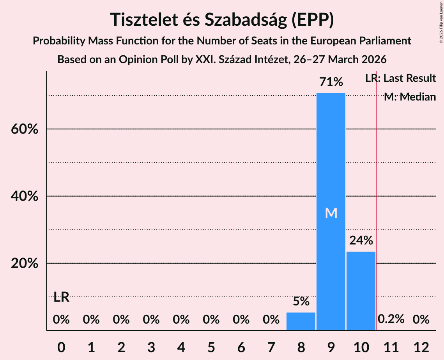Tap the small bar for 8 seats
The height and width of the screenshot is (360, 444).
[301, 321]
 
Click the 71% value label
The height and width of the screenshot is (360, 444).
[331, 82]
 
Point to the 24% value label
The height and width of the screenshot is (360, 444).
[361, 240]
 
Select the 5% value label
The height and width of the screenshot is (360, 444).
[301, 301]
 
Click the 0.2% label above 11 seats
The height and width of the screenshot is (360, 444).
[391, 319]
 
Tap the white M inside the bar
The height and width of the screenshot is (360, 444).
[331, 213]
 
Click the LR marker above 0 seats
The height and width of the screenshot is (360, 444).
[61, 298]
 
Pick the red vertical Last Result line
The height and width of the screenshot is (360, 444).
[376, 195]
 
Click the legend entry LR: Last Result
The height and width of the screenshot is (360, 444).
[400, 78]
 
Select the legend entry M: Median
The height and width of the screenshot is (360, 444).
[410, 97]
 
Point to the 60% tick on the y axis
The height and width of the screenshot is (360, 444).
[24, 129]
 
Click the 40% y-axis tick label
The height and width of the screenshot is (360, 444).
[24, 196]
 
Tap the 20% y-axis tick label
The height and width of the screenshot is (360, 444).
[24, 264]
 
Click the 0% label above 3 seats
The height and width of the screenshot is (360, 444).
[151, 319]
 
